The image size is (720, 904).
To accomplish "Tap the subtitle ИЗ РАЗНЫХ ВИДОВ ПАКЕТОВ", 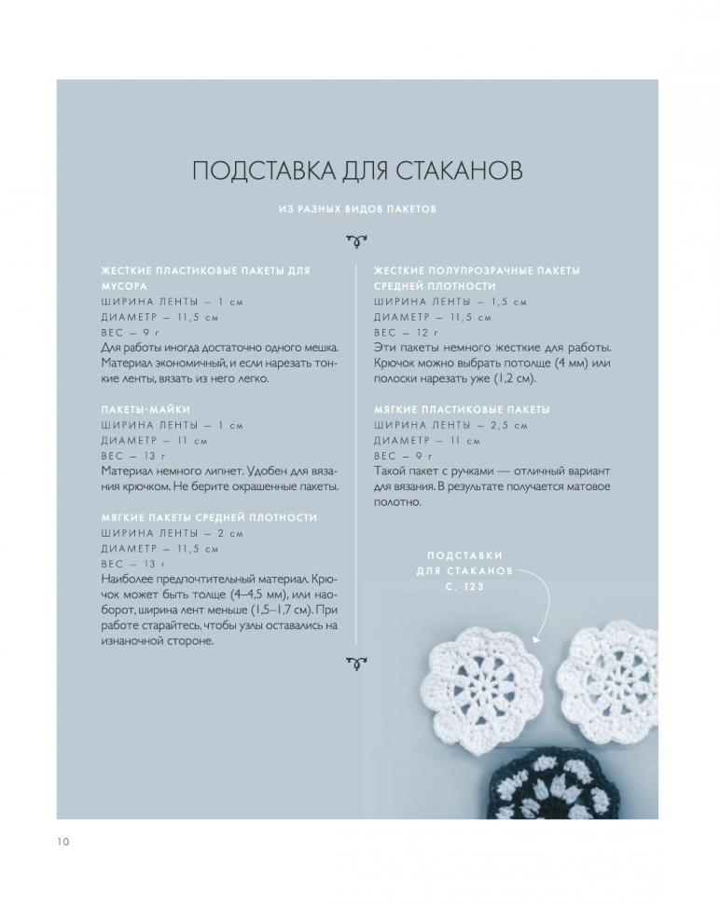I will (x=358, y=210).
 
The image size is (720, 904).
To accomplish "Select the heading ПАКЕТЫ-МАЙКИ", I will (x=139, y=410).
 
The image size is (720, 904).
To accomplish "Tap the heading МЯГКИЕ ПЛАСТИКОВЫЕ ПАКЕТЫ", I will (x=462, y=410).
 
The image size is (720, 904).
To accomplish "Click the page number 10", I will (x=62, y=842).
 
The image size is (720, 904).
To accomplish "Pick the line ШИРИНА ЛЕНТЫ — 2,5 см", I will (x=450, y=425).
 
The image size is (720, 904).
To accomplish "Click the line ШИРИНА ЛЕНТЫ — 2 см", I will (x=172, y=533).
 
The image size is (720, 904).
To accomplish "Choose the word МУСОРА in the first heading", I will (x=125, y=286).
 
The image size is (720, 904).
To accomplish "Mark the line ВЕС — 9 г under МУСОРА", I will (x=126, y=333).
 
